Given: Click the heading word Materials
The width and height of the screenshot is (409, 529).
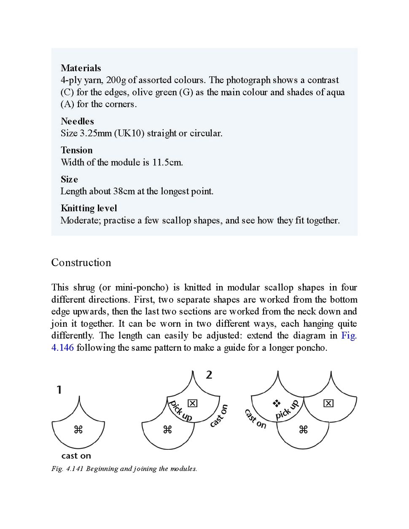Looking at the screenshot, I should point(81,68).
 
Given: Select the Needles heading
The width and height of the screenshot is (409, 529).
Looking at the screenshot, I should point(77,121).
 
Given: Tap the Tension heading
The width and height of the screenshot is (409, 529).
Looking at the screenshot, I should point(76,150).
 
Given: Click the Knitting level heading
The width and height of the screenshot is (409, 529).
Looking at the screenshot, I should point(89,208).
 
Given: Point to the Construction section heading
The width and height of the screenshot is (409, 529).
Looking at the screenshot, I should point(81,263).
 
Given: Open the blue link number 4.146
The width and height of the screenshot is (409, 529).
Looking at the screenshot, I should point(62,348).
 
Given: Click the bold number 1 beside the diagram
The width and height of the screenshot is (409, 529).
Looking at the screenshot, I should point(59,390).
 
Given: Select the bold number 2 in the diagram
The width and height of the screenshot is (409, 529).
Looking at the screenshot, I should point(209,375).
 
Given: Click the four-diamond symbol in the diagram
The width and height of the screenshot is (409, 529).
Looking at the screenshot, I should point(277,404).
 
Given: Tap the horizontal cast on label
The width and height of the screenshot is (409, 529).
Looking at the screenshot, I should point(76,456).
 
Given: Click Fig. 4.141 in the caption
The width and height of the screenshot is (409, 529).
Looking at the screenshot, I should point(67,469).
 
